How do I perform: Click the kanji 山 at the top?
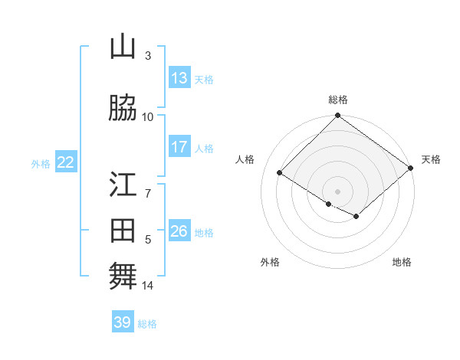pos(123,48)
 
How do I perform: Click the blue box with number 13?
pos(179,78)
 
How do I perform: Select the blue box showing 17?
pos(179,147)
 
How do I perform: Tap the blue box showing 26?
pos(179,231)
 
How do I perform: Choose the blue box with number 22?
pos(66,162)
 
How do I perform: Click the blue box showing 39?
pos(123,322)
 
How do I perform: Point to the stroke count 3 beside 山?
pos(148,56)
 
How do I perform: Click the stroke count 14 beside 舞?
pos(148,286)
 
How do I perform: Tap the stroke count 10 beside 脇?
pos(148,116)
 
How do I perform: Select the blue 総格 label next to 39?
pos(148,324)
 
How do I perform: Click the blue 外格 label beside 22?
pos(41,163)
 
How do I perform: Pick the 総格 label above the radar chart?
pos(337,100)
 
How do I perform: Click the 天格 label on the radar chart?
pos(431,159)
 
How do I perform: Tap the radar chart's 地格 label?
pos(402,262)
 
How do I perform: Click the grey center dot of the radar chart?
pos(337,190)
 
